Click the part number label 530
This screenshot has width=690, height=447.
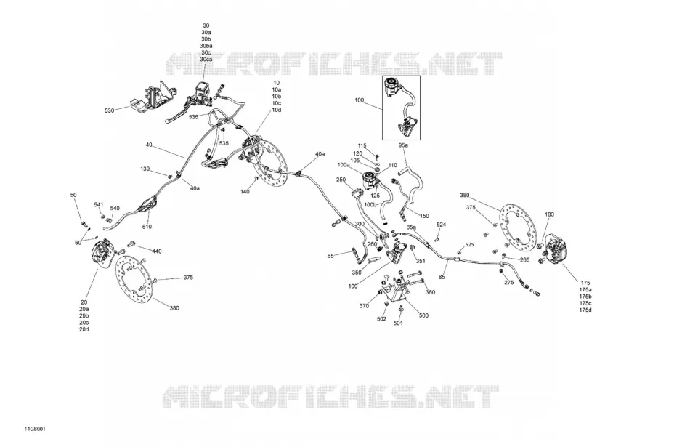point(109,110)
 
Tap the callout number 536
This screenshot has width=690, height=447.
point(194,117)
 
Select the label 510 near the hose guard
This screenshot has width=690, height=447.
point(147,227)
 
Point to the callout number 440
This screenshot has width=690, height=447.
point(157,251)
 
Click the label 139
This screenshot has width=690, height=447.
point(145,169)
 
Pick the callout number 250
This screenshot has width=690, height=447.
point(341,180)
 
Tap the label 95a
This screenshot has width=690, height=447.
point(404,145)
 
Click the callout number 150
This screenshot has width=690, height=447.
point(424,217)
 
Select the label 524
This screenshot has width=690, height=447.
point(442,225)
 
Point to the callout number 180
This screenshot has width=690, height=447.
point(550,214)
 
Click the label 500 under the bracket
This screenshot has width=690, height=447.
point(423,315)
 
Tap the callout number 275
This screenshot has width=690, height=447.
point(508,283)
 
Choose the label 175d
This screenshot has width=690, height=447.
point(585,310)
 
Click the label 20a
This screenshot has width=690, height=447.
point(84,309)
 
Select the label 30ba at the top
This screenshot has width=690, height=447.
point(206,46)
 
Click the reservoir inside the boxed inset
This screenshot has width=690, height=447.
point(391,86)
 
